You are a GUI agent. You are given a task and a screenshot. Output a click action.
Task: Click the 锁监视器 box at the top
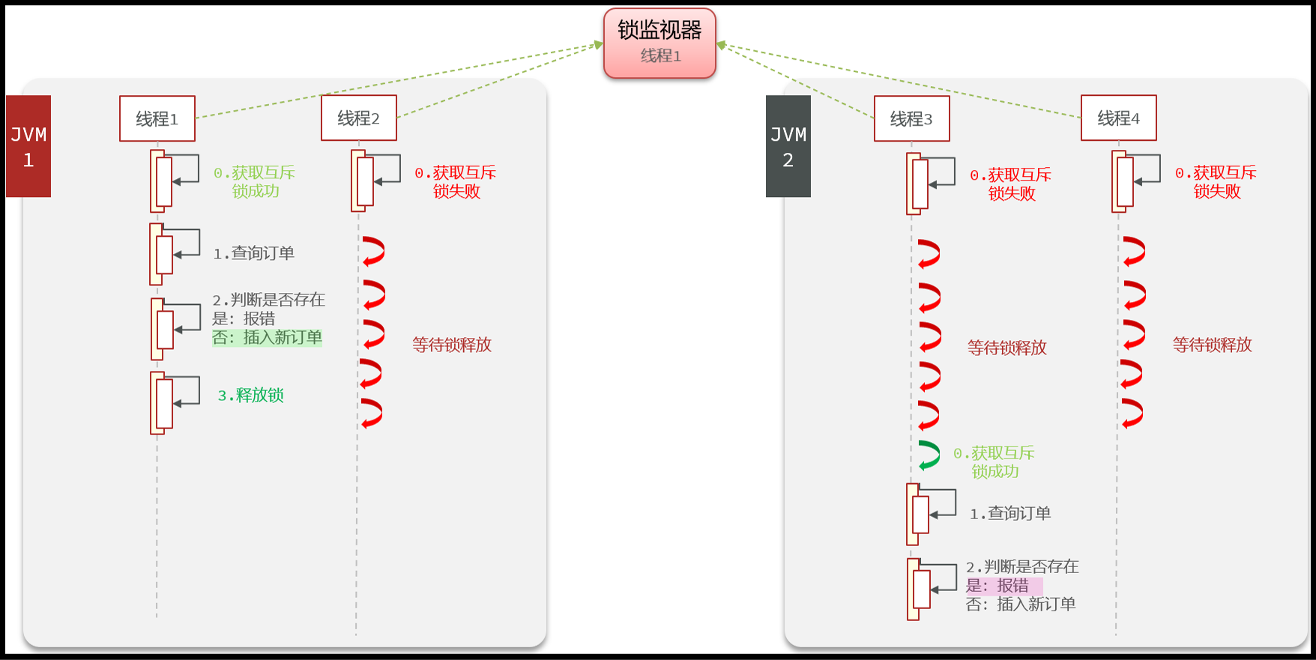(x=659, y=43)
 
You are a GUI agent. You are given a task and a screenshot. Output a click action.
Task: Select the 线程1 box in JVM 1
(x=157, y=118)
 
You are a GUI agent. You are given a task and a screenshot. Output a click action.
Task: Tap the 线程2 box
(x=359, y=118)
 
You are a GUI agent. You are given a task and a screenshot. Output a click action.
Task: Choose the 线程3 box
(x=911, y=118)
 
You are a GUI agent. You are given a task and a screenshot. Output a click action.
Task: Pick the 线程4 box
(x=1118, y=118)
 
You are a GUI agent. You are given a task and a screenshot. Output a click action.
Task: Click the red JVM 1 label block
(x=28, y=146)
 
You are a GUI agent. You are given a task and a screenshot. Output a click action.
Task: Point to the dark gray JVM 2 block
(x=788, y=146)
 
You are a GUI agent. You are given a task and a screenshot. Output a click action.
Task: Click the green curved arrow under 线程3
(x=929, y=455)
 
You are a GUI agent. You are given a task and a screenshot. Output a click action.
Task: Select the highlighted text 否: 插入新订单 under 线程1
(x=268, y=338)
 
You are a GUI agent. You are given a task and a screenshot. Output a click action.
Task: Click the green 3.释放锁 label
(x=251, y=396)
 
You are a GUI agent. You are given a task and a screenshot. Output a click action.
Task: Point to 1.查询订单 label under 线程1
(x=254, y=253)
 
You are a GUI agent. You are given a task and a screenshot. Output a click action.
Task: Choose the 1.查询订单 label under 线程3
(x=1010, y=513)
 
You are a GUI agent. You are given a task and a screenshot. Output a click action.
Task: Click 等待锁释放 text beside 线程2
(x=452, y=345)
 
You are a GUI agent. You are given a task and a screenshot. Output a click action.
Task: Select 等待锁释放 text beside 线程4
(x=1212, y=345)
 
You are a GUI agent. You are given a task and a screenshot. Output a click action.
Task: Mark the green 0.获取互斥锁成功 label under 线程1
(x=255, y=182)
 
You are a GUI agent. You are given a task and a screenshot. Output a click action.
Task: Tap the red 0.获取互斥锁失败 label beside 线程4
(x=1216, y=182)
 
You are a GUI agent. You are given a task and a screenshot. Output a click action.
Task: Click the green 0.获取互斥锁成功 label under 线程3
(x=994, y=462)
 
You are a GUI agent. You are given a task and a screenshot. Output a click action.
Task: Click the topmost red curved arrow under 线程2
(x=373, y=251)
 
